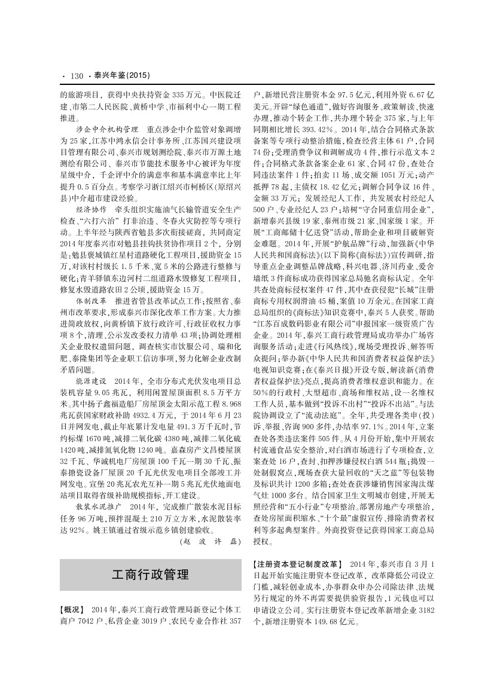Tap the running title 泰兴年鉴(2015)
pos(120,76)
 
